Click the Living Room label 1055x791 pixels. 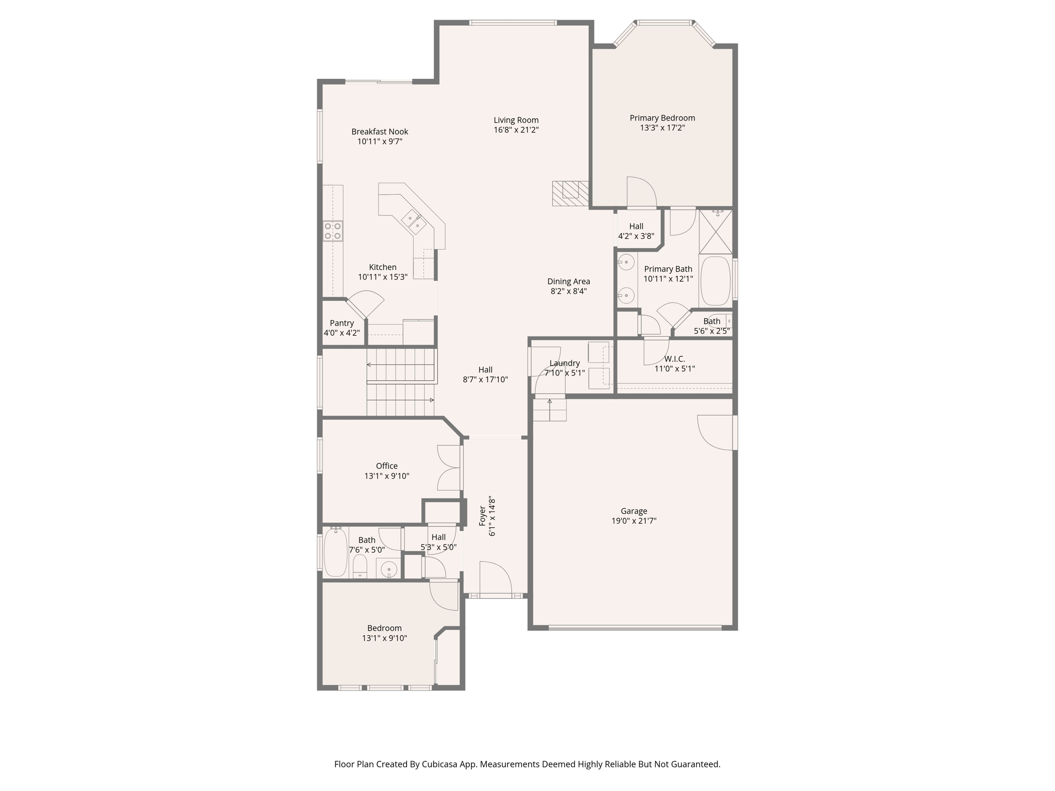coord(516,120)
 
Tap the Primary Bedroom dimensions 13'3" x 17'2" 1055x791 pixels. coord(662,128)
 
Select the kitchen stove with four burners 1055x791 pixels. coord(332,231)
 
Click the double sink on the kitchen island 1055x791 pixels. coord(414,222)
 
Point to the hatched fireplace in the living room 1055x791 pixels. coord(570,193)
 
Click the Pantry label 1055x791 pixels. coord(342,323)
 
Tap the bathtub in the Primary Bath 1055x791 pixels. coord(716,281)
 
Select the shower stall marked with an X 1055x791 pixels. coord(716,232)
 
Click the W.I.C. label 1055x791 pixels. coord(674,359)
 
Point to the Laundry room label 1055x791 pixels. coord(565,363)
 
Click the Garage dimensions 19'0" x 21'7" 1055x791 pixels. coord(634,521)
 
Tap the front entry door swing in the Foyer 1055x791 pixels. coord(495,578)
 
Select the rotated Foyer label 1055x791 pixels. coord(483,516)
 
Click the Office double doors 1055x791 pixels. coord(449,468)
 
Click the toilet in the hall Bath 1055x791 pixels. coord(360,566)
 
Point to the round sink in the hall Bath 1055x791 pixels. coord(389,570)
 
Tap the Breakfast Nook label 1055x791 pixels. coord(380,131)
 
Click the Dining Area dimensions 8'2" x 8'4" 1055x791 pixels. coord(568,291)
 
